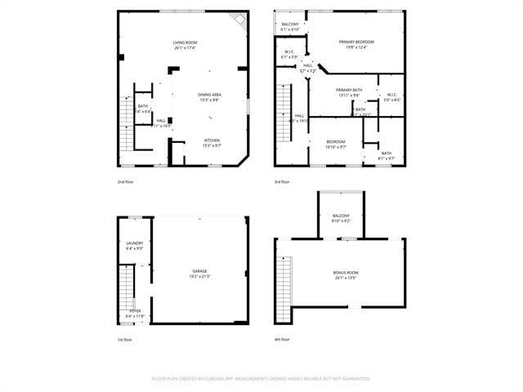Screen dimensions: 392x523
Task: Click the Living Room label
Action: pyautogui.click(x=184, y=42)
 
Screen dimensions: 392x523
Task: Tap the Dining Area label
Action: pyautogui.click(x=209, y=95)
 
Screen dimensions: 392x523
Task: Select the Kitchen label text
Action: pyautogui.click(x=211, y=140)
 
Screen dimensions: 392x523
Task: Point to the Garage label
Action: pyautogui.click(x=199, y=271)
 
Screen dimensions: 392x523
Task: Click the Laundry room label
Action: pyautogui.click(x=134, y=243)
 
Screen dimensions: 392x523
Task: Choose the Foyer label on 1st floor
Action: pyautogui.click(x=135, y=311)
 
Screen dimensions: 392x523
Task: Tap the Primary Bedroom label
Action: pyautogui.click(x=358, y=42)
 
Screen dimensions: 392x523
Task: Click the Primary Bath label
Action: pyautogui.click(x=348, y=90)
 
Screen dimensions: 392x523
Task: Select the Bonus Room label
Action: pyautogui.click(x=346, y=272)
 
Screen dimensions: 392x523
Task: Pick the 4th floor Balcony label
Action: pyautogui.click(x=341, y=216)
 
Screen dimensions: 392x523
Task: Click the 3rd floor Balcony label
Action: pyautogui.click(x=290, y=24)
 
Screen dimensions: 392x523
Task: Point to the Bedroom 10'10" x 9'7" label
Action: pyautogui.click(x=336, y=141)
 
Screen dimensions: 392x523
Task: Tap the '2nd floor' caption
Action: pyautogui.click(x=126, y=181)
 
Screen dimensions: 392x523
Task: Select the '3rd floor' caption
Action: pyautogui.click(x=283, y=181)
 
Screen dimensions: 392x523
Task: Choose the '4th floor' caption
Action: pyautogui.click(x=283, y=339)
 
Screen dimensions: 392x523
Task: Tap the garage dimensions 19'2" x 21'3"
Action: pyautogui.click(x=199, y=276)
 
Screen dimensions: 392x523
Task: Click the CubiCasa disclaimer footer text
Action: pyautogui.click(x=261, y=378)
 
